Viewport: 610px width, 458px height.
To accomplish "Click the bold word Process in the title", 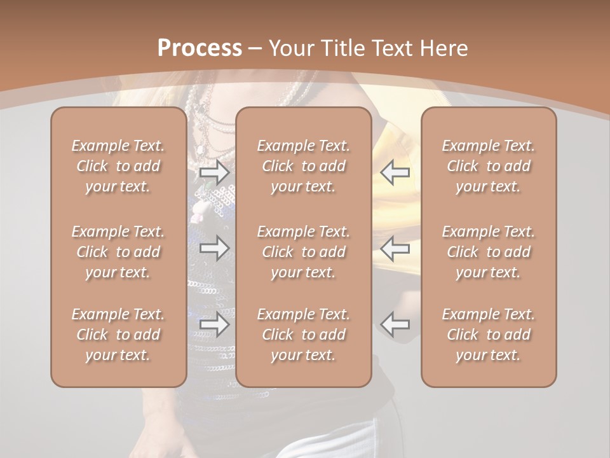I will pos(200,48).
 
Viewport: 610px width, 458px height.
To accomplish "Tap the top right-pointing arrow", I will pos(214,172).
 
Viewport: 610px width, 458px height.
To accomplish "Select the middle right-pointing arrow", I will pos(214,248).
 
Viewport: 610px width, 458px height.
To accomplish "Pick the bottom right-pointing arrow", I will pos(214,324).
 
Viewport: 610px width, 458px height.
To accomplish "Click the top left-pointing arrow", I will pos(395,172).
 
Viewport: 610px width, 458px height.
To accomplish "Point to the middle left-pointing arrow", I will pos(395,248).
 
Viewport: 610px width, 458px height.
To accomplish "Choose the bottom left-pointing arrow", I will pos(395,324).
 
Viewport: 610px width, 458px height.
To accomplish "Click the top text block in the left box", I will pos(118,166).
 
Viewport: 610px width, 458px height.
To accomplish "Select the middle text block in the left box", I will pos(118,252).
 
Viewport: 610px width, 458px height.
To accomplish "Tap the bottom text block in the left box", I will pos(118,335).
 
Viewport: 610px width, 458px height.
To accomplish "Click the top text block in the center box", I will pos(304,166).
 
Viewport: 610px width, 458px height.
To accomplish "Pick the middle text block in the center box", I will pos(304,252).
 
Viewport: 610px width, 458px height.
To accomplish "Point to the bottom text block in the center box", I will pos(304,335).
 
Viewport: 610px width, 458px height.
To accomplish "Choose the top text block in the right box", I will pos(489,166).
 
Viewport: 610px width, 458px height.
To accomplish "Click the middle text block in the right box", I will pos(489,252).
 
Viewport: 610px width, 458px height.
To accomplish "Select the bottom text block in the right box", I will pos(489,335).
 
